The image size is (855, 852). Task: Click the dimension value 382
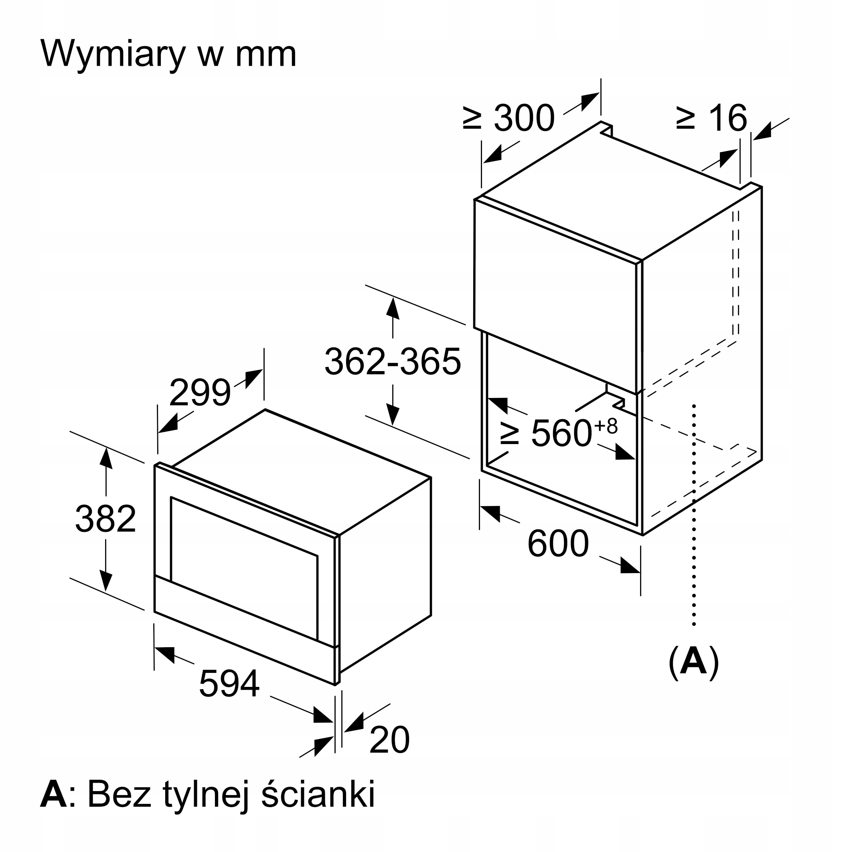[105, 519]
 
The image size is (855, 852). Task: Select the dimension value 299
[200, 392]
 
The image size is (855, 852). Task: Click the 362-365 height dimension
[393, 361]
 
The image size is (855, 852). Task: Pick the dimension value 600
[558, 544]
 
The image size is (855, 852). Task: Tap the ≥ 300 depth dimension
[509, 117]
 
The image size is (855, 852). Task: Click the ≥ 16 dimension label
[711, 117]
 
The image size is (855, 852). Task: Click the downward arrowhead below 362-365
[393, 415]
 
